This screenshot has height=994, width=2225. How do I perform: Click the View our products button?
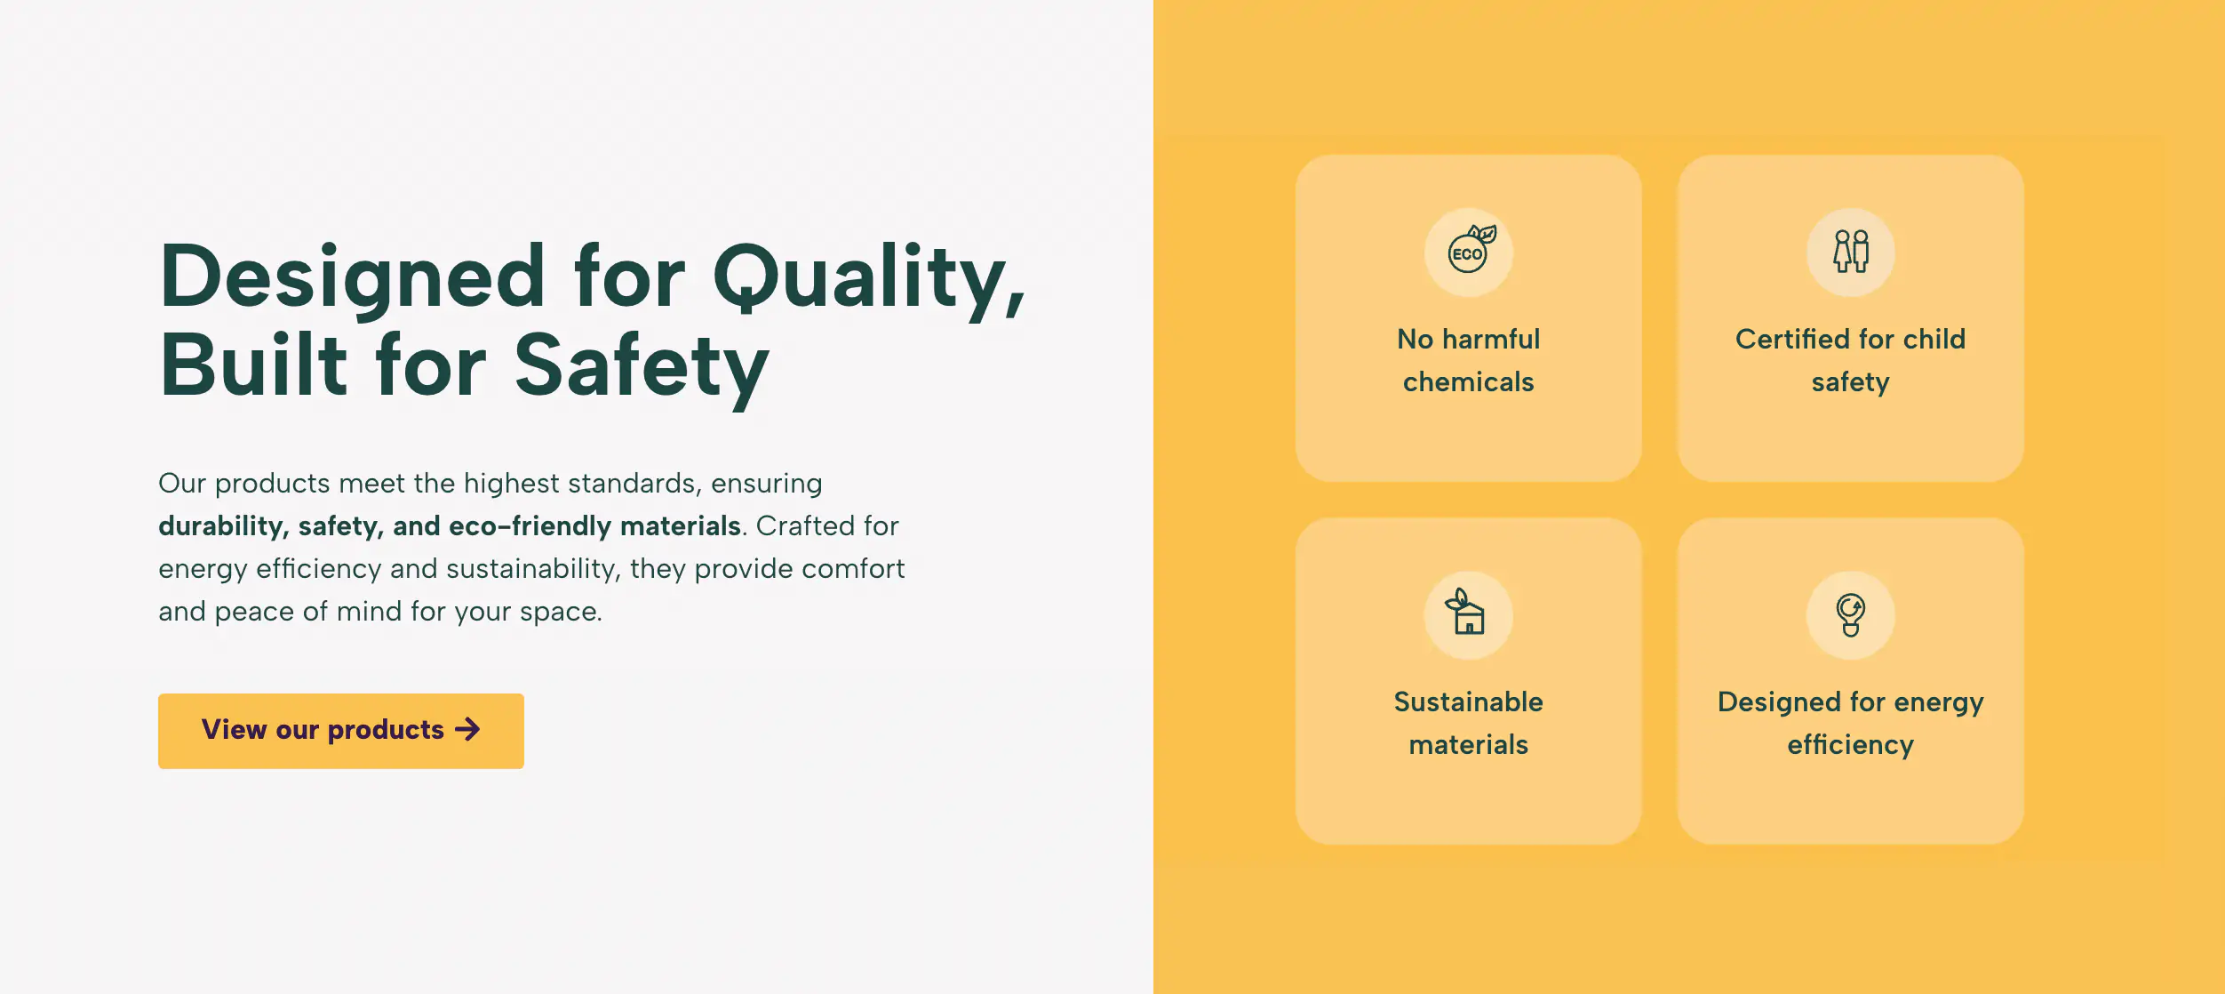click(x=340, y=731)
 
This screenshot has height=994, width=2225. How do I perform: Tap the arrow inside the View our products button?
click(x=467, y=730)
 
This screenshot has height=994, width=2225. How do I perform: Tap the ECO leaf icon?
click(x=1469, y=253)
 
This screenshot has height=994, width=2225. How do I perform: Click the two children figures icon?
click(x=1851, y=253)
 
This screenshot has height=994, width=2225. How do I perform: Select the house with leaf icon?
click(x=1468, y=614)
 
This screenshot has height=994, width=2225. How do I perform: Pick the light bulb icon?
click(x=1851, y=615)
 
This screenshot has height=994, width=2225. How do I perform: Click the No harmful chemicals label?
click(x=1468, y=360)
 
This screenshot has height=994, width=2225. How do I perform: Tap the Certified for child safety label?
click(x=1850, y=360)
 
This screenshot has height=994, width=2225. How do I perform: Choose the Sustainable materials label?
click(x=1468, y=723)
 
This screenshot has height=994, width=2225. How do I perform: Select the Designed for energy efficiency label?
click(x=1850, y=723)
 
